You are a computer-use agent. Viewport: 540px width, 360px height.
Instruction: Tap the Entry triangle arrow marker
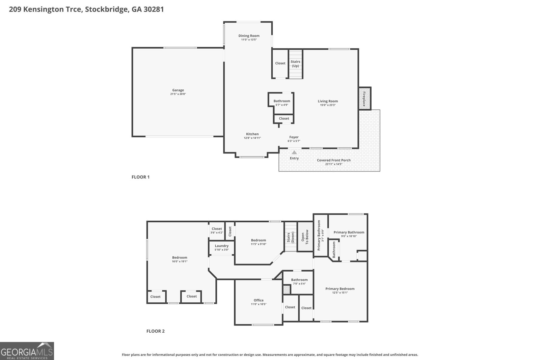click(x=294, y=153)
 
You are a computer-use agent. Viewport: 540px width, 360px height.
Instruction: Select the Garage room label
click(x=178, y=90)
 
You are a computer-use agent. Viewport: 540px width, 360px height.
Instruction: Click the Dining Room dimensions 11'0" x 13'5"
click(x=249, y=40)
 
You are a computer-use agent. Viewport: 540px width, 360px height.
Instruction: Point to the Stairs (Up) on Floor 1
click(x=295, y=64)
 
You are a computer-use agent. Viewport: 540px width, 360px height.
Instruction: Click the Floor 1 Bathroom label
click(x=281, y=101)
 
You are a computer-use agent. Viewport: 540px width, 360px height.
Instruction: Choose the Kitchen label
click(x=252, y=134)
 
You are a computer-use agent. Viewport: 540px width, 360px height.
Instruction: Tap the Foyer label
click(x=294, y=137)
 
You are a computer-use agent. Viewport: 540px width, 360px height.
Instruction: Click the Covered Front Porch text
click(x=333, y=160)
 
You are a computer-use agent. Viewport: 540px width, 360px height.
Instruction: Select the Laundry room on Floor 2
click(x=221, y=246)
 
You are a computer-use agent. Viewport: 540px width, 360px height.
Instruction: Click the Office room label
click(x=259, y=300)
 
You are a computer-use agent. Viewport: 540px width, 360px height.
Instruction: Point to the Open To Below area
click(x=305, y=237)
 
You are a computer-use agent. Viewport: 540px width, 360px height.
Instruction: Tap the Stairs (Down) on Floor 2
click(x=290, y=237)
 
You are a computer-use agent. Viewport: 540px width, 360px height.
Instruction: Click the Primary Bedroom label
click(x=340, y=289)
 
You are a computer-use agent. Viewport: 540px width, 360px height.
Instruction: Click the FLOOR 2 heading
click(x=155, y=331)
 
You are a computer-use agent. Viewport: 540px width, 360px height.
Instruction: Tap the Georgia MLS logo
click(x=27, y=351)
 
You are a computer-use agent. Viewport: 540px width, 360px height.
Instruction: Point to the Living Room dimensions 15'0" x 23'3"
click(x=328, y=105)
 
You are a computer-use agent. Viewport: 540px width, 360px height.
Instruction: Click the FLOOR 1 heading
click(x=140, y=177)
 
